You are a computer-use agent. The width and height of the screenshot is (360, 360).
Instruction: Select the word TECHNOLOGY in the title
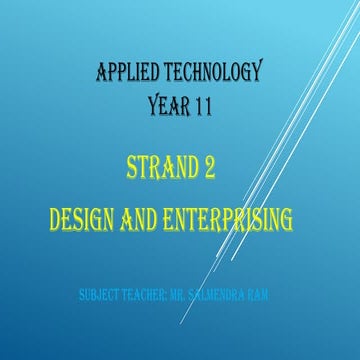point(211,73)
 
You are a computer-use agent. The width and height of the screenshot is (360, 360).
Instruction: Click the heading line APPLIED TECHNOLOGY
point(178,73)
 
